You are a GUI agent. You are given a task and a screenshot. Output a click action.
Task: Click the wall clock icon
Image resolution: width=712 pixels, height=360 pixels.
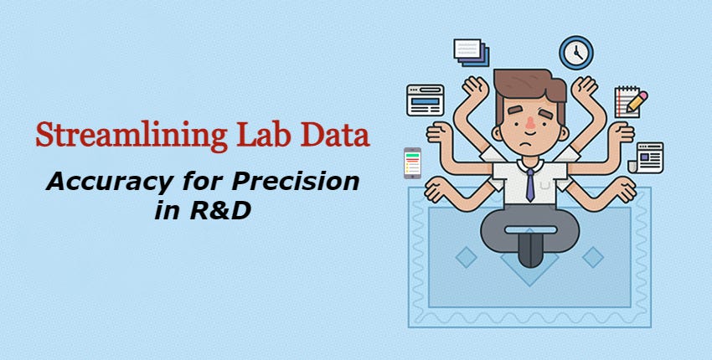[575, 52]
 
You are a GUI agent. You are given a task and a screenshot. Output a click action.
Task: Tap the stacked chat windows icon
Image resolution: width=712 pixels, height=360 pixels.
[472, 52]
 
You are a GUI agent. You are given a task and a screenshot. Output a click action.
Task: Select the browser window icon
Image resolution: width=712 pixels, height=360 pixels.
[425, 100]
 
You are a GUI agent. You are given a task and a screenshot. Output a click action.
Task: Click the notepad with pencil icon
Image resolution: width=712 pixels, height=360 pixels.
[629, 101]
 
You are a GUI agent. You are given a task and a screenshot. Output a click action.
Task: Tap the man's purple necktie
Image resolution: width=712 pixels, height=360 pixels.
[529, 183]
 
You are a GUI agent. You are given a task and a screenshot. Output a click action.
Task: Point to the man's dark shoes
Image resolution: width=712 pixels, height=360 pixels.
[529, 250]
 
